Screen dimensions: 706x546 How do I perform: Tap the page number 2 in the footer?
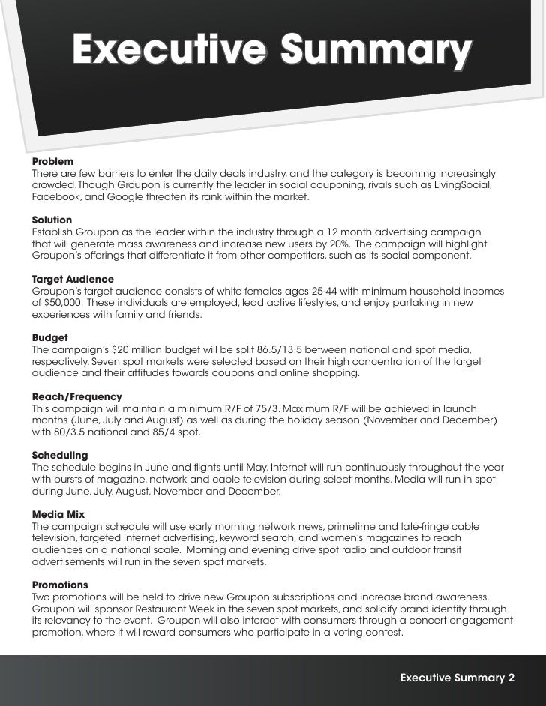pos(511,678)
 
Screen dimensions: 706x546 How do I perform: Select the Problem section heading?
pos(52,162)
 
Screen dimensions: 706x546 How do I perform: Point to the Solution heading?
pos(52,220)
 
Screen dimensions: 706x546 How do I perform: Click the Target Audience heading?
pos(73,279)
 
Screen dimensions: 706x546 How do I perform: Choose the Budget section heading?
pos(49,337)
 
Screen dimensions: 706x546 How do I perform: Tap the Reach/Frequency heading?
pos(76,396)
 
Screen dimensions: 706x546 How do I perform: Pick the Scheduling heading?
pos(60,455)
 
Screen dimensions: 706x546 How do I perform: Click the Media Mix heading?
pos(58,514)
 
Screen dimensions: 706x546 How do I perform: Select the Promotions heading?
pos(60,585)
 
